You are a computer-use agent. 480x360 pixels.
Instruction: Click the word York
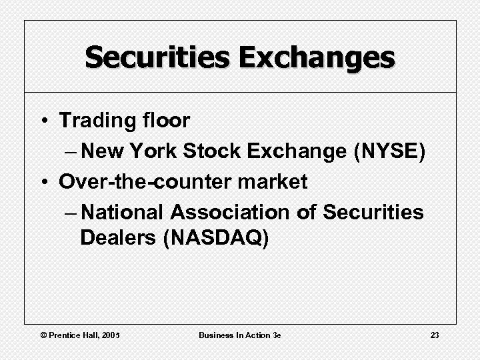[x=155, y=151]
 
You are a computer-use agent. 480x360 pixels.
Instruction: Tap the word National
[x=127, y=212]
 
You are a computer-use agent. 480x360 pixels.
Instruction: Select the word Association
[x=231, y=212]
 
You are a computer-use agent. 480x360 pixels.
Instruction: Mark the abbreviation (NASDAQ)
[x=215, y=238]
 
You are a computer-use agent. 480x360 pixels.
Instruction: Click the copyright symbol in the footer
[x=43, y=335]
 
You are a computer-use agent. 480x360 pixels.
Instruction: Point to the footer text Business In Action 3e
[x=239, y=335]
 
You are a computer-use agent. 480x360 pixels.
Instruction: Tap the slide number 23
[x=435, y=335]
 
